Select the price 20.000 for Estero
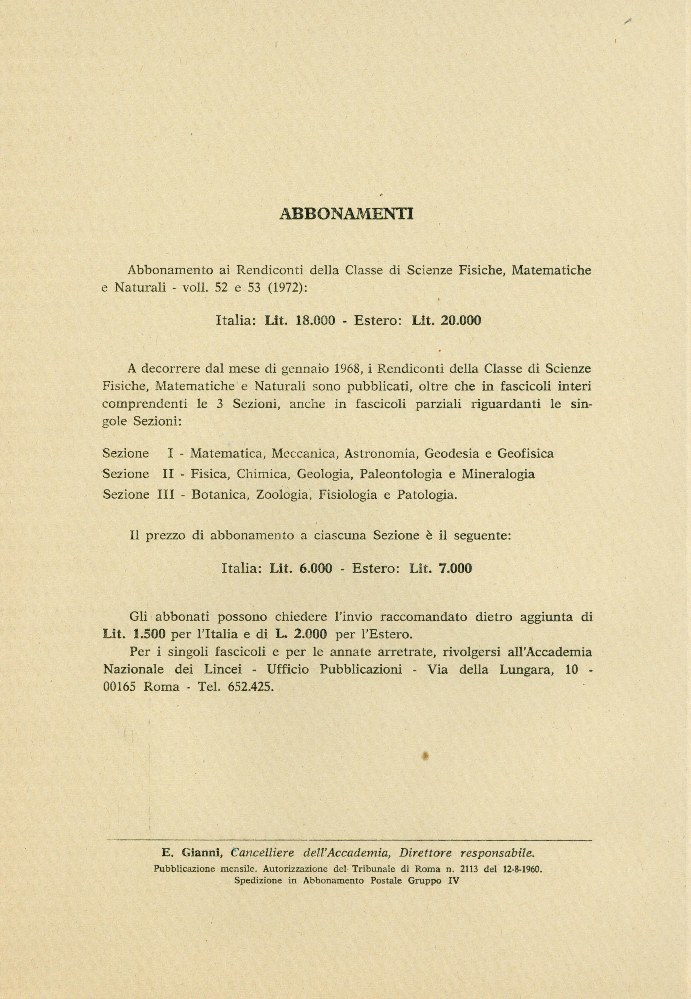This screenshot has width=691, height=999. point(460,321)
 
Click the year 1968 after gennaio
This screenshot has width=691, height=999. point(349,369)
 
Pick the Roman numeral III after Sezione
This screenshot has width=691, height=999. point(165,494)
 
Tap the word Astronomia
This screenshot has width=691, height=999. point(380,454)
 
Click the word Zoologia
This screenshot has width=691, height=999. point(284,494)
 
